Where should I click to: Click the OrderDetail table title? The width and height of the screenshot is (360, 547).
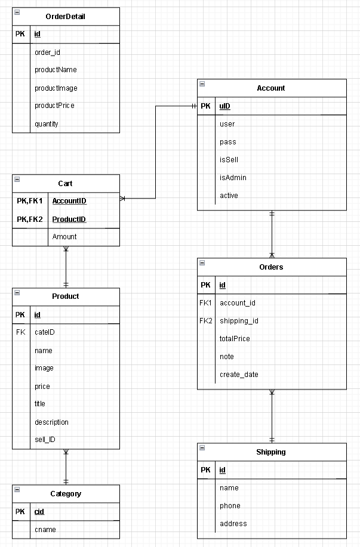pos(66,17)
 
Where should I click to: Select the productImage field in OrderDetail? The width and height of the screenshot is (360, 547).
pos(56,88)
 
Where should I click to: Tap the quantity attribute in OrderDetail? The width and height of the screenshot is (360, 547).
pos(47,124)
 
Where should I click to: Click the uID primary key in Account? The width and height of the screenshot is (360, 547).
pos(225,106)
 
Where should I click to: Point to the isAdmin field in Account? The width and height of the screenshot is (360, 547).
pos(233,178)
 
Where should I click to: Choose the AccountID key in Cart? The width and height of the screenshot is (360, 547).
pos(69,202)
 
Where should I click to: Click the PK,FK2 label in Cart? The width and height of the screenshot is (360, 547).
pos(30,220)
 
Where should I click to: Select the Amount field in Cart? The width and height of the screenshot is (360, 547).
pos(64,237)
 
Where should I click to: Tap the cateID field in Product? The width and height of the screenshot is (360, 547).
pos(45,332)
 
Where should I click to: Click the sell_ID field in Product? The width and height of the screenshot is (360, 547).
pos(45,440)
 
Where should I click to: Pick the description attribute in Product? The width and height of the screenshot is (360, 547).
pos(51,422)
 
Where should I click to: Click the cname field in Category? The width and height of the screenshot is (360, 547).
pos(45,529)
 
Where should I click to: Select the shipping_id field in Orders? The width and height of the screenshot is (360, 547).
pos(239,321)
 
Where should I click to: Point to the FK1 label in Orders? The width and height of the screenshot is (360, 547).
pos(206,303)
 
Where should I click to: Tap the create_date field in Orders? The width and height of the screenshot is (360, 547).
pos(239,375)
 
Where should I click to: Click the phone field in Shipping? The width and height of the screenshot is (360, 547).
pos(230,506)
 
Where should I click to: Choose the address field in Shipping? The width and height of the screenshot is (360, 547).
pos(233,524)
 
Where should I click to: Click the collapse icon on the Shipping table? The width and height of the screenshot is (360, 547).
pos(202,447)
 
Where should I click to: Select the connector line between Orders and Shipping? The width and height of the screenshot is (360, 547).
pos(272,416)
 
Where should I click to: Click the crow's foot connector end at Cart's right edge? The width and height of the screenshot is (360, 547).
pos(123,198)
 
